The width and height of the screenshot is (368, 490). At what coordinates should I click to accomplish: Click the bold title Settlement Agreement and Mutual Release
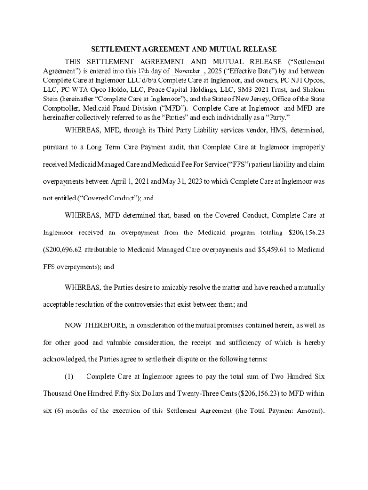coord(184,49)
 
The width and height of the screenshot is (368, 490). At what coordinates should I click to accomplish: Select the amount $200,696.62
coord(65,250)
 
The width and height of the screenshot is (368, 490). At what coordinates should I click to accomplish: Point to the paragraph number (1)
coord(69,377)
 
